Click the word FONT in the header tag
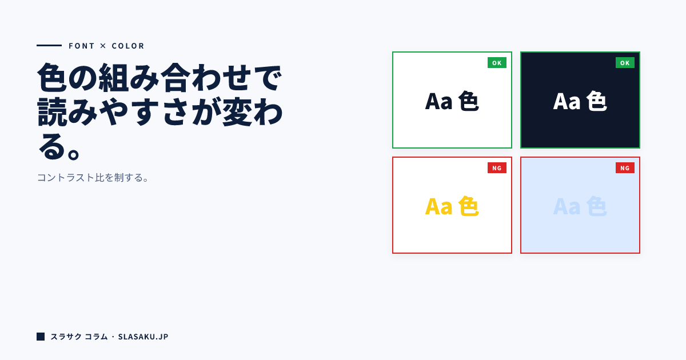82,46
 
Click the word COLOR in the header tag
128,46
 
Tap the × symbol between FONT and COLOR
103,46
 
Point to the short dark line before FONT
49,45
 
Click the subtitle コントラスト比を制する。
94,178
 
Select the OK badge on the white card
497,63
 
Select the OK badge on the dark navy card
625,63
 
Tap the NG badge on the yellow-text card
497,168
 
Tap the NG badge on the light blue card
625,168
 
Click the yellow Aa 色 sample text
452,206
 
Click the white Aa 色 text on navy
580,101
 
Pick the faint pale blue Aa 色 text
580,206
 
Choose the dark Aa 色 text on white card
452,101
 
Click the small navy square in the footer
41,337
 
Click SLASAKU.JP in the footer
143,337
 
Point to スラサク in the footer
65,337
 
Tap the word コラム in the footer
96,337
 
